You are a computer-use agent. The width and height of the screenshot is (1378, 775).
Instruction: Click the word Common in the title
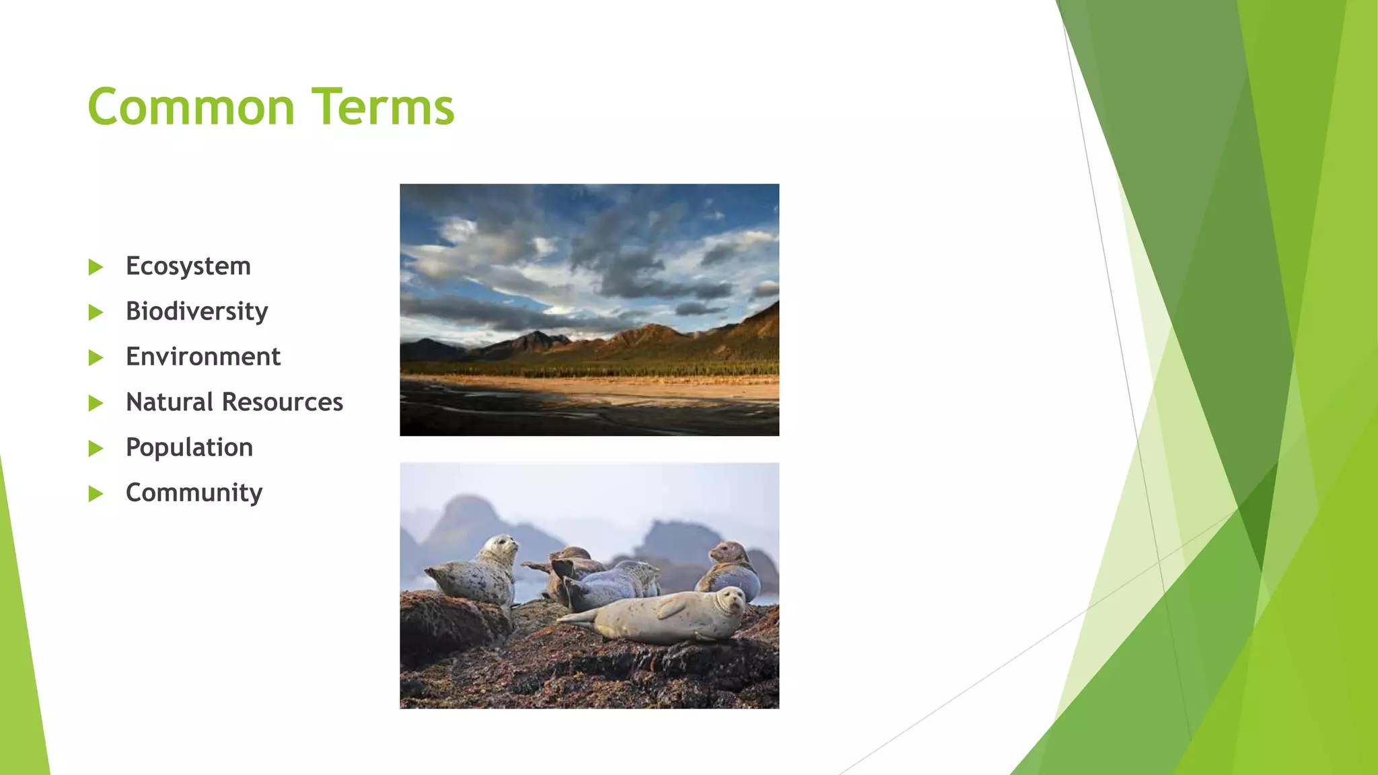tap(191, 107)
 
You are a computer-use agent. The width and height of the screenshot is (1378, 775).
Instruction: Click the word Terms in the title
tap(383, 107)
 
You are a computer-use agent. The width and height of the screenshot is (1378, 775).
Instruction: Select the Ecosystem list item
tap(188, 266)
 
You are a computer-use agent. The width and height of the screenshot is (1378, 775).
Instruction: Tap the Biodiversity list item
tap(196, 311)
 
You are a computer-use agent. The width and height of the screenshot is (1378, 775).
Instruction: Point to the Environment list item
tap(203, 357)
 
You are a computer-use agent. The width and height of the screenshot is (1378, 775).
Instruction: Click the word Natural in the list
tap(170, 402)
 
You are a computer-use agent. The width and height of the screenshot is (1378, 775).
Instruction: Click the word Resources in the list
tap(283, 402)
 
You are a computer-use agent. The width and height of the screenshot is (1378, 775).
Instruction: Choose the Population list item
tap(189, 448)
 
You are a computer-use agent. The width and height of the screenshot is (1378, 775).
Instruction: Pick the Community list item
tap(194, 493)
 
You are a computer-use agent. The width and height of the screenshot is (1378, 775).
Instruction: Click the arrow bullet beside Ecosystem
tap(96, 267)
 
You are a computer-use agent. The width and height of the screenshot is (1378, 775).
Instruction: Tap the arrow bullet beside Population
tap(96, 449)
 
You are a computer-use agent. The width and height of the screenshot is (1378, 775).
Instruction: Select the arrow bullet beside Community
tap(96, 494)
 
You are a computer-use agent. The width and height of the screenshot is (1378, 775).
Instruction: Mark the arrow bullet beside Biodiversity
tap(96, 312)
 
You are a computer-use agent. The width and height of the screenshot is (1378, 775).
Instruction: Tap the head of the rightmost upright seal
tap(727, 552)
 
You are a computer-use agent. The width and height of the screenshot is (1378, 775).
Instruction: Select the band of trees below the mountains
tap(589, 368)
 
